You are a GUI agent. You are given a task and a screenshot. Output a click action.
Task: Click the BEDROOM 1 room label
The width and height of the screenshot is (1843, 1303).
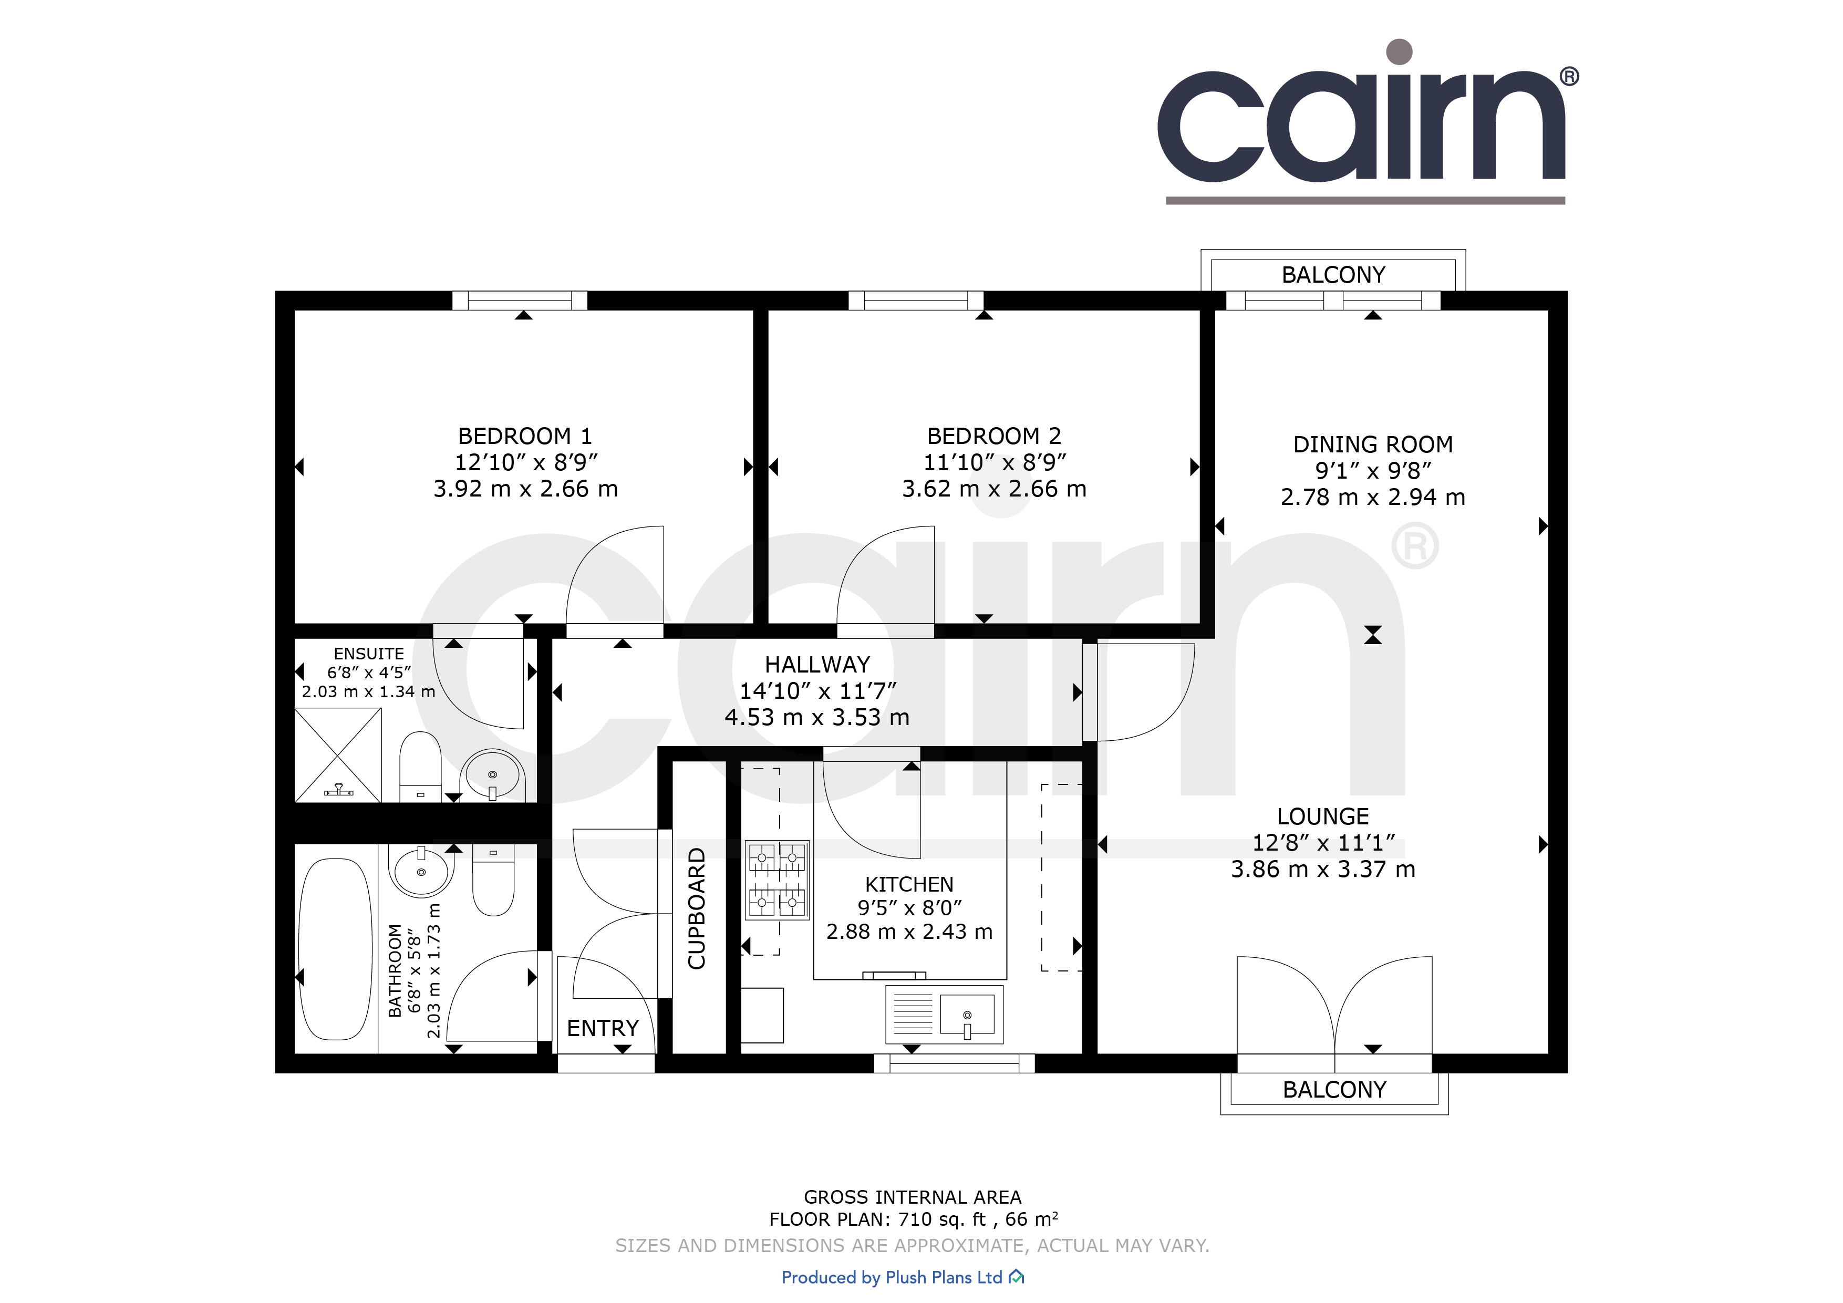pyautogui.click(x=525, y=436)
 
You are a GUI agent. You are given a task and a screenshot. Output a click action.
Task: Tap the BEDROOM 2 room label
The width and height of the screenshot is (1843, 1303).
pyautogui.click(x=994, y=436)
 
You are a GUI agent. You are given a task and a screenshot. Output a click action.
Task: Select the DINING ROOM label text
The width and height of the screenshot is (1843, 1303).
pyautogui.click(x=1373, y=445)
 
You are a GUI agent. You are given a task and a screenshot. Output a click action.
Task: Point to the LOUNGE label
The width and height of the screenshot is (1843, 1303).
pyautogui.click(x=1323, y=816)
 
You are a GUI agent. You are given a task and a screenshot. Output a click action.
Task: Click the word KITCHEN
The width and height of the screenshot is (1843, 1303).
pyautogui.click(x=909, y=885)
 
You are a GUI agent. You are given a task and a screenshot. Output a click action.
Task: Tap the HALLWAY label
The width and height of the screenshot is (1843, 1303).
pyautogui.click(x=817, y=665)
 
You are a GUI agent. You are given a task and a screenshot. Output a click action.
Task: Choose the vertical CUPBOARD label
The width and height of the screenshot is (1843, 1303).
pyautogui.click(x=697, y=908)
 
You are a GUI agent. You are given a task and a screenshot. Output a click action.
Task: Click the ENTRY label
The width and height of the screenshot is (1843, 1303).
pyautogui.click(x=603, y=1028)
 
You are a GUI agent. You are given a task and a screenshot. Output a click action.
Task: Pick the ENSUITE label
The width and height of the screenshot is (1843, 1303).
pyautogui.click(x=369, y=654)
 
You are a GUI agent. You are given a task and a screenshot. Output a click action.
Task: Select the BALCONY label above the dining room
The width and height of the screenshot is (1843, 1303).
pyautogui.click(x=1333, y=275)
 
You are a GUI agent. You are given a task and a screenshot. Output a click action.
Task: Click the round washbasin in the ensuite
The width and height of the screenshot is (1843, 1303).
pyautogui.click(x=492, y=774)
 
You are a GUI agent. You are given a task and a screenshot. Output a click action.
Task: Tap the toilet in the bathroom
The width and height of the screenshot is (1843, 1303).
pyautogui.click(x=493, y=880)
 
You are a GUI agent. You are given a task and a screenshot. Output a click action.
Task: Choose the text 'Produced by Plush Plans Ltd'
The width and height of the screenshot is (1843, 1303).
pyautogui.click(x=892, y=1277)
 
